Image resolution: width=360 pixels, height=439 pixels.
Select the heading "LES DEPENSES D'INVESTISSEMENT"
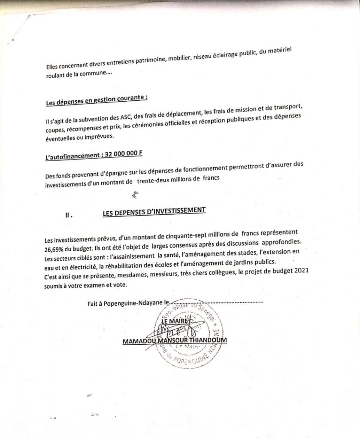click(x=154, y=211)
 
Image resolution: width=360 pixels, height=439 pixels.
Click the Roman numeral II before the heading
click(x=68, y=216)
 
